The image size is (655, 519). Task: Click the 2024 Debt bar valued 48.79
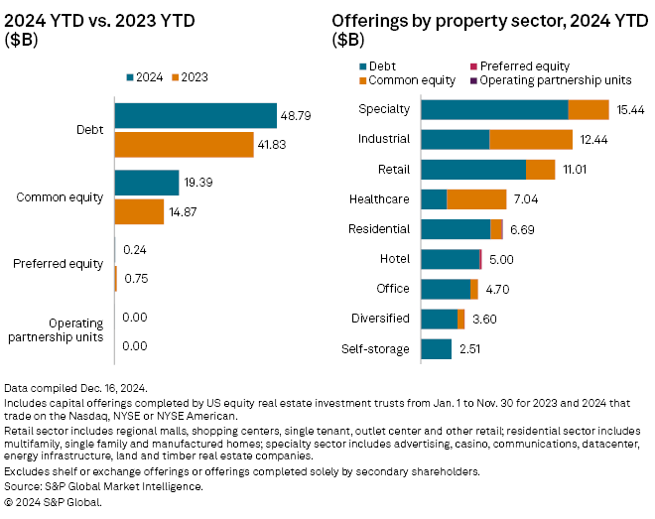(x=196, y=115)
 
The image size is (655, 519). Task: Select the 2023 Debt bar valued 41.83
(x=185, y=144)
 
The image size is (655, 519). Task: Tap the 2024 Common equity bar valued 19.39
(x=147, y=183)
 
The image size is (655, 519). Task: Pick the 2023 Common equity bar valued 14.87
(x=140, y=211)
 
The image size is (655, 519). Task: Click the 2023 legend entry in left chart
(x=188, y=76)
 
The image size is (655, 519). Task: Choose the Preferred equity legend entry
(x=510, y=66)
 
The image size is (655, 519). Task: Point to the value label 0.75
(x=135, y=279)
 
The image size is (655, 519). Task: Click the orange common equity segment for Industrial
(x=531, y=140)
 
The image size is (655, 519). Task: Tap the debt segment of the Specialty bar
(x=494, y=110)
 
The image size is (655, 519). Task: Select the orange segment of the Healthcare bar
(x=476, y=199)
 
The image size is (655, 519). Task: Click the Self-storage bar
(x=437, y=349)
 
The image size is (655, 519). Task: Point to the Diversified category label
(x=380, y=319)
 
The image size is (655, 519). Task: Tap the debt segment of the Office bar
(x=446, y=289)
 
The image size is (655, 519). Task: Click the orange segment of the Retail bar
(x=540, y=170)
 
